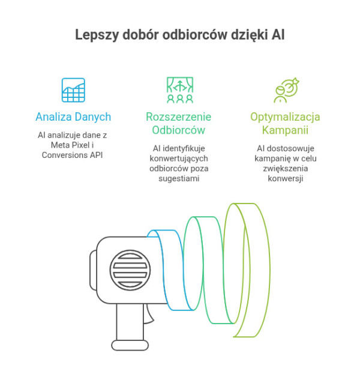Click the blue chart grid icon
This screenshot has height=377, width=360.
pos(73,90)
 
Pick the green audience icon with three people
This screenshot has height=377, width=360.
pos(179,90)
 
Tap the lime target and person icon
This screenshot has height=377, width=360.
pos(286,90)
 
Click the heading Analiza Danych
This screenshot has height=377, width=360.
pos(73,116)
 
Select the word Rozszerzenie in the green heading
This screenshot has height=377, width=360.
pos(179,116)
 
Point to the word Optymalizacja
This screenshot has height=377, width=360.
pos(286,116)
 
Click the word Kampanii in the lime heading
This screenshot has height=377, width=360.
pos(286,129)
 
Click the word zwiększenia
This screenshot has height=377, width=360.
pos(286,168)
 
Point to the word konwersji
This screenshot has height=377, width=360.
pos(286,178)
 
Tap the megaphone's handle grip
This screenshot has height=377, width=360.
pos(127,327)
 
